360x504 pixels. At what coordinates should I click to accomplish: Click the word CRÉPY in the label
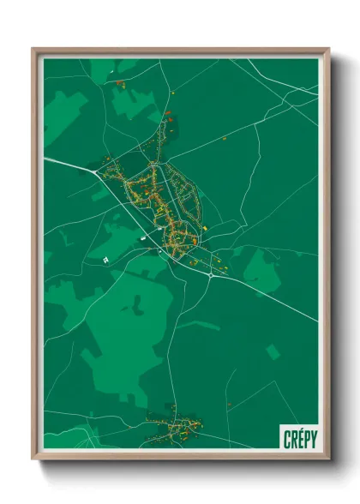coord(299,439)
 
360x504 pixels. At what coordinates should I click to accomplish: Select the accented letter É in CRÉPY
coord(299,439)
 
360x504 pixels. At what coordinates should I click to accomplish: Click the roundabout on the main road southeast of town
coord(211,276)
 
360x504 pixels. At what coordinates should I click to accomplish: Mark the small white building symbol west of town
coord(105,259)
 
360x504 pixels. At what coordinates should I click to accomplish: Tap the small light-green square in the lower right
coord(273,351)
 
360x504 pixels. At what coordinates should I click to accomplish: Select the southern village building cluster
coord(176,423)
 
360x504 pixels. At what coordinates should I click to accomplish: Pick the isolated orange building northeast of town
coord(225,138)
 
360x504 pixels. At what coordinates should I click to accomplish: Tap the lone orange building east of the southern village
coord(230,404)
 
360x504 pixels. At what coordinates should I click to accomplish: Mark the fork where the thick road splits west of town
coord(96,171)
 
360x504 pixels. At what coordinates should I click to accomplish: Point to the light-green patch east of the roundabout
coord(261,270)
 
